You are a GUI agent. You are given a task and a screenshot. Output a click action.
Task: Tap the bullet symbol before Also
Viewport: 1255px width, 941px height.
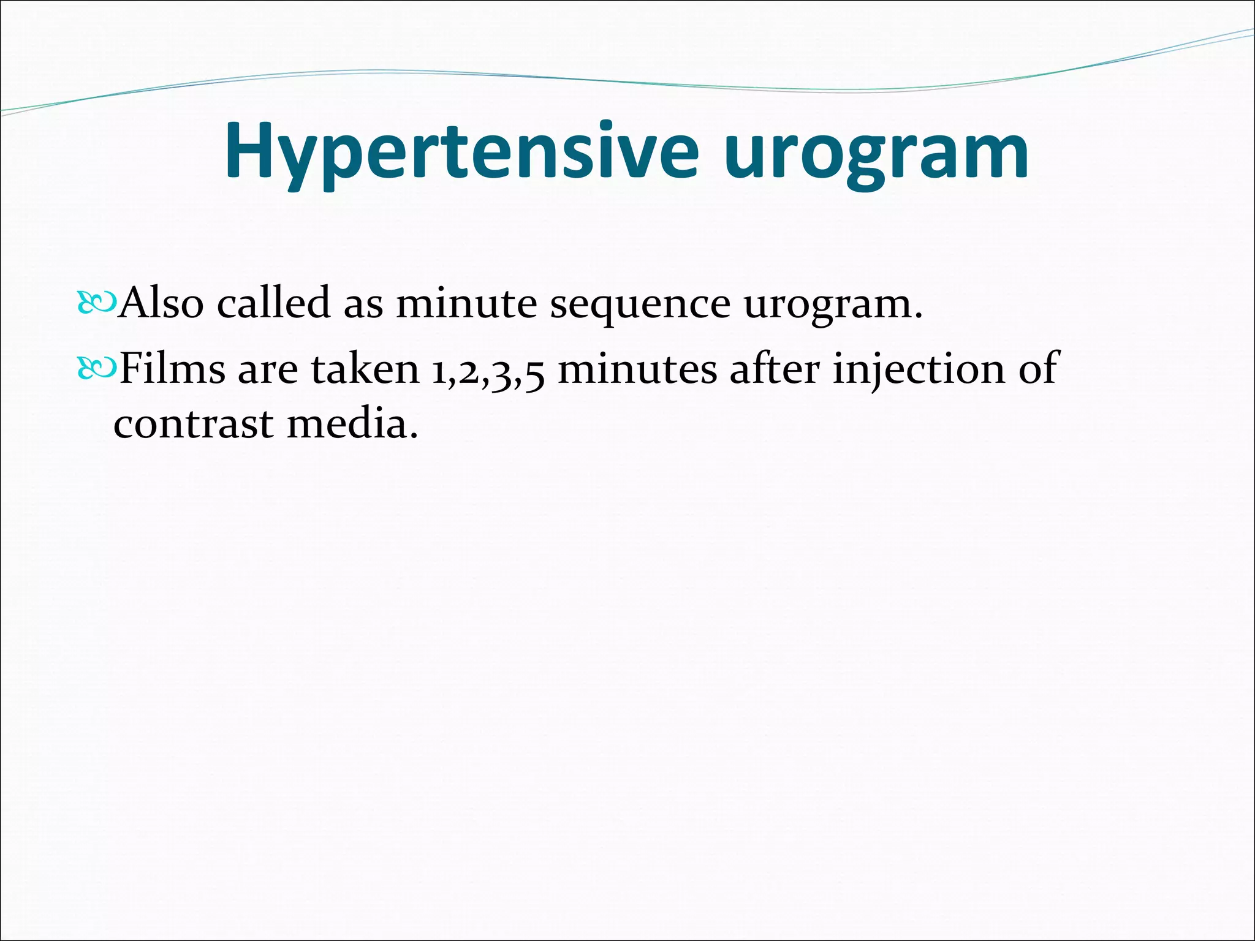(96, 303)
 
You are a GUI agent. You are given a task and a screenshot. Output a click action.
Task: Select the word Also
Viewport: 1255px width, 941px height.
(161, 303)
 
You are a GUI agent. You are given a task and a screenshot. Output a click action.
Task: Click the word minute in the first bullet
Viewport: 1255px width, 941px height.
(466, 303)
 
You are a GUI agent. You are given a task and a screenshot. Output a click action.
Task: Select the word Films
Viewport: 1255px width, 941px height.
(172, 369)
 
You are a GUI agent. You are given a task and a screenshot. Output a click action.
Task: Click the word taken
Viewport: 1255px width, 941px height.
(365, 369)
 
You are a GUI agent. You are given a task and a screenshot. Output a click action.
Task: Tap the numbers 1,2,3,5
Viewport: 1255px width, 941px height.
(488, 371)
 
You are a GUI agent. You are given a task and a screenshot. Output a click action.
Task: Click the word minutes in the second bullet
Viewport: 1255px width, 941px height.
(637, 369)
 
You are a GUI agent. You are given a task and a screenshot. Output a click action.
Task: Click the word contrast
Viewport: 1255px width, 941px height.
(193, 424)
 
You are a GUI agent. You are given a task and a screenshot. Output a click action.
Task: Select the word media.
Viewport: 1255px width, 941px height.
(352, 424)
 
